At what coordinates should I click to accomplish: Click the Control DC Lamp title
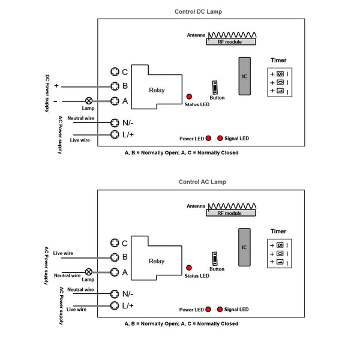coord(199,12)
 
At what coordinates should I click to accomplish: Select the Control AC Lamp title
coord(203,182)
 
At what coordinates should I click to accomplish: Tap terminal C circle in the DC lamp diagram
coord(115,71)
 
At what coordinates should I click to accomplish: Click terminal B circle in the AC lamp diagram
coord(115,257)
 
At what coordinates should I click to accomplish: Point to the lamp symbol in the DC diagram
coord(89,101)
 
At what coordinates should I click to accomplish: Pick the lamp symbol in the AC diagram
coord(89,272)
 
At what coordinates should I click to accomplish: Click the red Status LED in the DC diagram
coord(189,97)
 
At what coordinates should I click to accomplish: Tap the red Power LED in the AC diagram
coord(208,309)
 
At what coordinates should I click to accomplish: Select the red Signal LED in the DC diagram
coord(220,138)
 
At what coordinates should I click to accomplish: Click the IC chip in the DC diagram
coord(245,76)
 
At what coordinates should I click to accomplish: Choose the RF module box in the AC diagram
coord(231,213)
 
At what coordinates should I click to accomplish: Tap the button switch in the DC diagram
coord(215,88)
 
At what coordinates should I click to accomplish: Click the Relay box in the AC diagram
coord(156,258)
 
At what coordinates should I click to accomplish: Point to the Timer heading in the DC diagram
coord(278,61)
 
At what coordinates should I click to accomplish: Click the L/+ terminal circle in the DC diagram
coord(115,134)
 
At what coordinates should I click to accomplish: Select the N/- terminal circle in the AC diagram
coord(115,293)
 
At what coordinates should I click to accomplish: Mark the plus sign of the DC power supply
coord(56,86)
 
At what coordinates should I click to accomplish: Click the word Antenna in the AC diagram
coord(196,206)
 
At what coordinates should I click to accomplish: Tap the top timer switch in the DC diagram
coord(280,74)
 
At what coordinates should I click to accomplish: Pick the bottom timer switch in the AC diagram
coord(280,262)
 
